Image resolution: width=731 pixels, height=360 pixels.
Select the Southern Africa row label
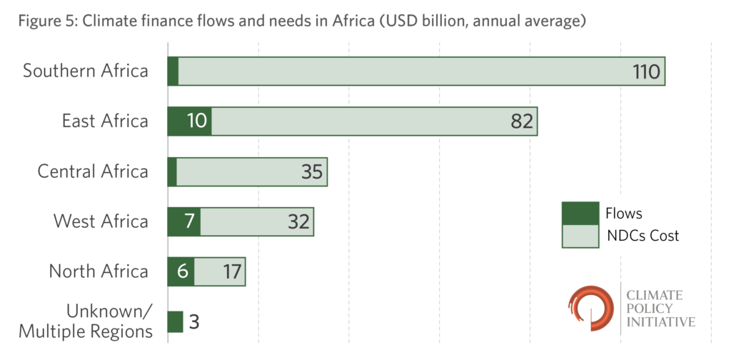(x=86, y=71)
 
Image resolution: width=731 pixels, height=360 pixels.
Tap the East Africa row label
(x=105, y=121)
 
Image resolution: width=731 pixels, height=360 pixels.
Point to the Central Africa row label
(x=93, y=171)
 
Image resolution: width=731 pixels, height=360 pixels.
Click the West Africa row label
(x=101, y=221)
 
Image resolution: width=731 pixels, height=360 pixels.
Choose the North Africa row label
(x=99, y=271)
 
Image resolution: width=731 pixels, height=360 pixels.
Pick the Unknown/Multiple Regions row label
(x=86, y=321)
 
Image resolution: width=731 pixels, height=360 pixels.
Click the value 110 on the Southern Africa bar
(x=647, y=71)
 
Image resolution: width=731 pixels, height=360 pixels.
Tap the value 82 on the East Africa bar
(x=521, y=121)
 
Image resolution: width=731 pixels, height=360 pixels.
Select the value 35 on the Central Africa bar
(x=311, y=171)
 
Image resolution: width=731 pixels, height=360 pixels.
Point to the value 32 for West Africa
(x=298, y=221)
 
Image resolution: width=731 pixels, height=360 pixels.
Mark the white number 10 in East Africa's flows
(x=188, y=121)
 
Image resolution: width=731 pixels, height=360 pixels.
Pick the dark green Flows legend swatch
(x=579, y=213)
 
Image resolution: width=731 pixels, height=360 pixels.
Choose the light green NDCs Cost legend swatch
(x=579, y=236)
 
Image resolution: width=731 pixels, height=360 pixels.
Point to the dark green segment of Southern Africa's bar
(x=173, y=71)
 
